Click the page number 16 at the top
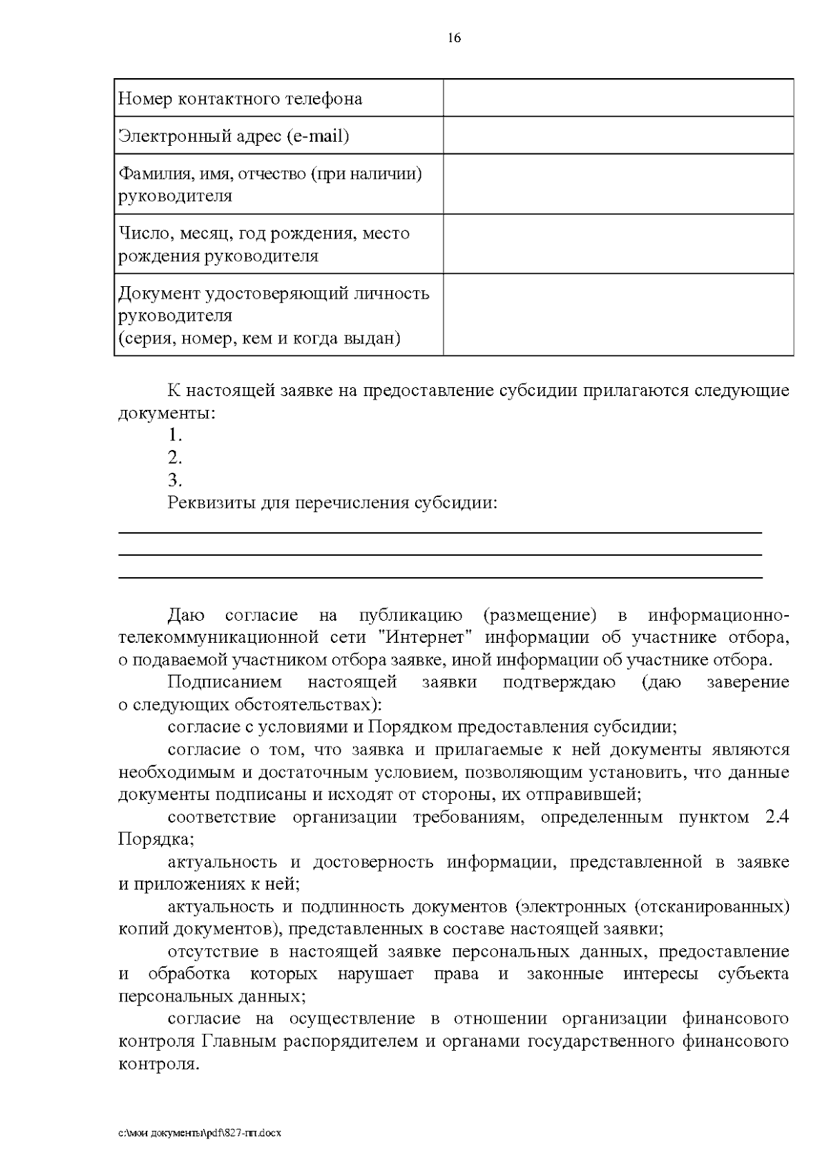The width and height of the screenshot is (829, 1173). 454,38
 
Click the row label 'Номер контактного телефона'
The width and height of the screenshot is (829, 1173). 240,99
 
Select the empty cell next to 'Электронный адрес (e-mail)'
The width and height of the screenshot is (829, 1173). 618,135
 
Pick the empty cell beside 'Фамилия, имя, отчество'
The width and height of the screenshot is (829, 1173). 618,184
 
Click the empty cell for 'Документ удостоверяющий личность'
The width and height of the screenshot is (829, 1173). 618,315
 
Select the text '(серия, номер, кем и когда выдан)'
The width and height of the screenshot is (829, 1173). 259,339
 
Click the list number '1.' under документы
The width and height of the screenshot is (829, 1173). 175,435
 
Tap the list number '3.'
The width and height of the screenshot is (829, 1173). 175,480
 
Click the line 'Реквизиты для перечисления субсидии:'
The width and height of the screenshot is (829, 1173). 332,503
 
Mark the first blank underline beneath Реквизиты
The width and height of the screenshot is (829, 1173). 440,533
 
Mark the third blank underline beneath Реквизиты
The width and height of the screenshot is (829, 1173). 440,577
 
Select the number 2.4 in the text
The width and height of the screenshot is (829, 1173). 777,817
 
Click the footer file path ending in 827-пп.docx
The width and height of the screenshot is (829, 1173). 200,1134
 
